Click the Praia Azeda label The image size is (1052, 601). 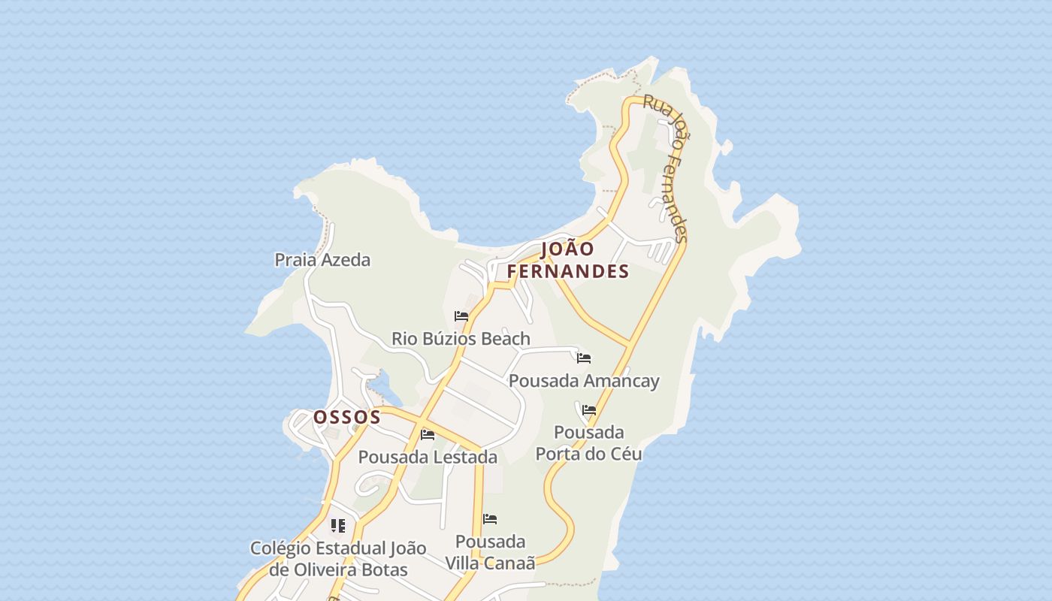pos(322,260)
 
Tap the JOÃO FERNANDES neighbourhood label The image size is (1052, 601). pos(567,260)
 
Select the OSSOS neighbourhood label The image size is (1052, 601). pos(347,417)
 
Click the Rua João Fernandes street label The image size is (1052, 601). pos(666,169)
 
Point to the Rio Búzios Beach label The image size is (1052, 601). pos(461,339)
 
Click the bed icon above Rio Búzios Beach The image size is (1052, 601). pos(461,316)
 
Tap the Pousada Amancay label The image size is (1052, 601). pos(584,381)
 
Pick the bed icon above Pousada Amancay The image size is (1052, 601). pos(584,358)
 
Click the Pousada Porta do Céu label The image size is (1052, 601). pos(589,443)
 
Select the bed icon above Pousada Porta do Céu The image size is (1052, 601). pos(589,410)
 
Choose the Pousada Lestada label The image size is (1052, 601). pos(428,457)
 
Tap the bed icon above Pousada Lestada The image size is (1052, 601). pos(428,434)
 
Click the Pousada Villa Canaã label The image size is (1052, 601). pos(490,552)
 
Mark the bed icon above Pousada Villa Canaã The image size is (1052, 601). pos(490,519)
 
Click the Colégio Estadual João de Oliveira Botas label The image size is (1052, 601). pos(338,559)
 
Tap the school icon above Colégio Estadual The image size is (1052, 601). pos(338,526)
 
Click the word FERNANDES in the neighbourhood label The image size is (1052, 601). pos(567,271)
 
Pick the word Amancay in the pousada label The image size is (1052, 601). pos(621,381)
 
